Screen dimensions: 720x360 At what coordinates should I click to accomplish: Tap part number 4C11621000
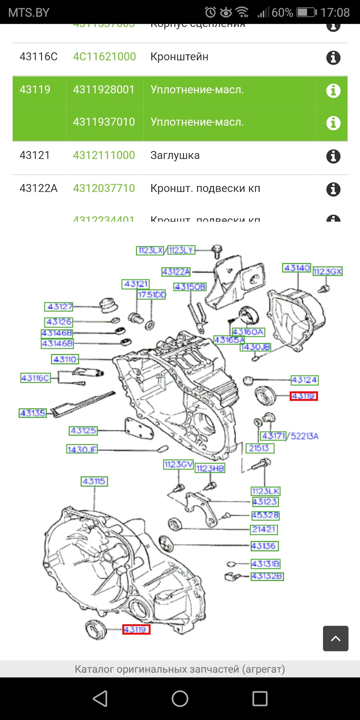point(104,57)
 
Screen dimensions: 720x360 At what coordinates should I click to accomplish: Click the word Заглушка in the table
point(175,155)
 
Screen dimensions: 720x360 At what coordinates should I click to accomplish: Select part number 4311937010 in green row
point(104,122)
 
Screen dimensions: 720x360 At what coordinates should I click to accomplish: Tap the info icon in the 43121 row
point(333,156)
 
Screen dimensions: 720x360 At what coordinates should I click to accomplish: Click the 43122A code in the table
point(38,188)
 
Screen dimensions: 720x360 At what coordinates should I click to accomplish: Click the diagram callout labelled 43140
point(297,268)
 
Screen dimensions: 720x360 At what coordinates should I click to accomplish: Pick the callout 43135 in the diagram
point(33,413)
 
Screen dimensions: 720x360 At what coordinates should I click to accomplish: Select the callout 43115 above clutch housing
point(94,481)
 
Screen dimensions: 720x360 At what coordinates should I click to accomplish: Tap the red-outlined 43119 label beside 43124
point(303,396)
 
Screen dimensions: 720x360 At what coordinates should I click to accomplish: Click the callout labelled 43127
point(59,306)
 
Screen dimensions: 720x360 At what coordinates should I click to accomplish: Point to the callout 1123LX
point(150,250)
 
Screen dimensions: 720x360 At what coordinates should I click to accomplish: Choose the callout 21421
point(264,529)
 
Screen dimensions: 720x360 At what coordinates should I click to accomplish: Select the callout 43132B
point(267,576)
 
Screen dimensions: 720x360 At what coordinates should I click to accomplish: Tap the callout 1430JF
point(82,449)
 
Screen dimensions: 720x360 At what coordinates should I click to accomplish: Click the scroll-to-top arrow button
point(335,638)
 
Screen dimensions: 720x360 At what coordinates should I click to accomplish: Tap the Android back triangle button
point(100,699)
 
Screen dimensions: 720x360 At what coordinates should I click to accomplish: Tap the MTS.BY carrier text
point(29,12)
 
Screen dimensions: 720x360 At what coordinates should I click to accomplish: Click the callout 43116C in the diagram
point(35,378)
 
